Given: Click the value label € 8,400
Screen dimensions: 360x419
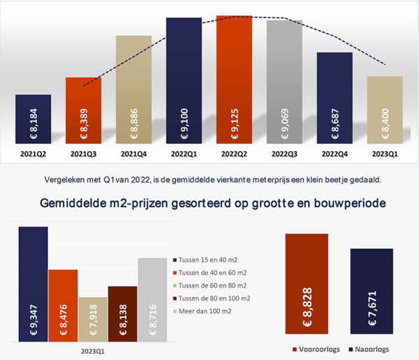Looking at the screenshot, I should [385, 123].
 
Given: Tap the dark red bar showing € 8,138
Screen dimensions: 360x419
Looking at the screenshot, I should [122, 314].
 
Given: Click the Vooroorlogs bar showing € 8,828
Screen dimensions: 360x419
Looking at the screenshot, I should [307, 283].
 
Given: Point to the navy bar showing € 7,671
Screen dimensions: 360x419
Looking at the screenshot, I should [372, 290].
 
